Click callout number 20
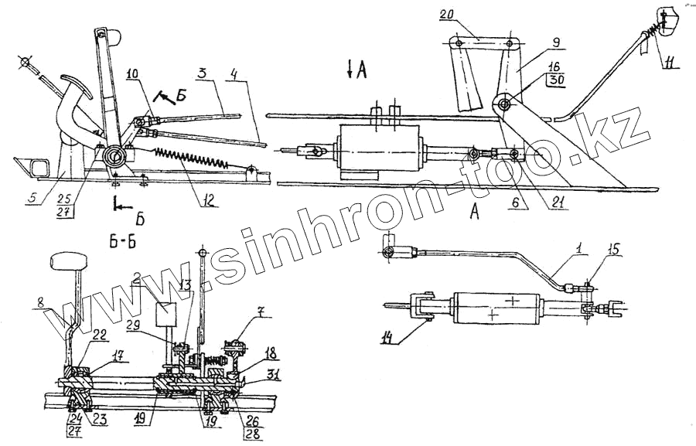point(449,15)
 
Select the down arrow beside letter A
point(350,71)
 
